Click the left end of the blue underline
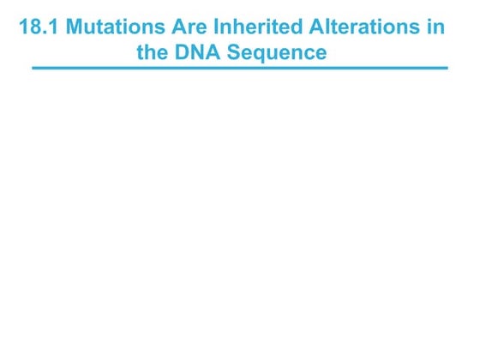point(33,68)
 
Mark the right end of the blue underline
point(447,68)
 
